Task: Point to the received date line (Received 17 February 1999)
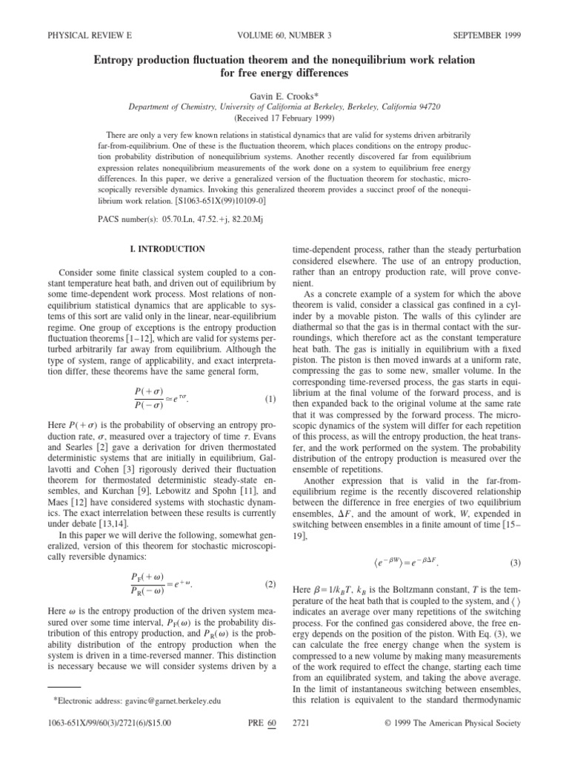284,118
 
